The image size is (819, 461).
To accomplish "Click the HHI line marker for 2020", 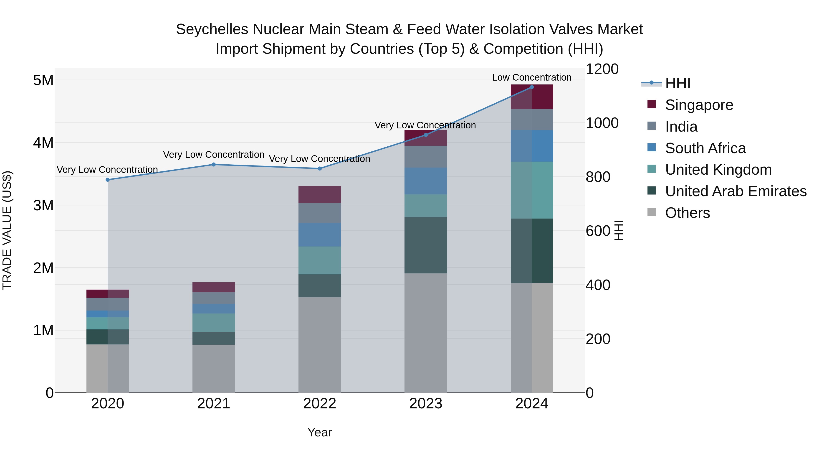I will [x=107, y=180].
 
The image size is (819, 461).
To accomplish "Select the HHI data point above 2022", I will [x=320, y=169].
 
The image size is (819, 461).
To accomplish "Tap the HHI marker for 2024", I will [x=532, y=87].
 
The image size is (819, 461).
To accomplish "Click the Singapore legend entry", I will [x=699, y=105].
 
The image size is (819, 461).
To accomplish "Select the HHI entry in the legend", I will [x=677, y=83].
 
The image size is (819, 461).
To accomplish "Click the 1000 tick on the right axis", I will [x=602, y=123].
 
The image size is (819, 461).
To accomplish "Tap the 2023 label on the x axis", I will [x=425, y=404].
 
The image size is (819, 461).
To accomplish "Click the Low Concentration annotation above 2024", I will [x=532, y=77].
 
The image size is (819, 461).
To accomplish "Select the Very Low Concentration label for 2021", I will [x=214, y=155].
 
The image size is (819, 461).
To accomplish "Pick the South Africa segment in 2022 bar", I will [x=320, y=234].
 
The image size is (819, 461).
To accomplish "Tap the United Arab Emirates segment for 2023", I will [x=425, y=245].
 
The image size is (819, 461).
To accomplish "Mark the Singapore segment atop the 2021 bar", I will [x=214, y=287].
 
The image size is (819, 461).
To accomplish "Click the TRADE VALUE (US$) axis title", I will [x=7, y=230].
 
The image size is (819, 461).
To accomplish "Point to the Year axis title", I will [x=320, y=432].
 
